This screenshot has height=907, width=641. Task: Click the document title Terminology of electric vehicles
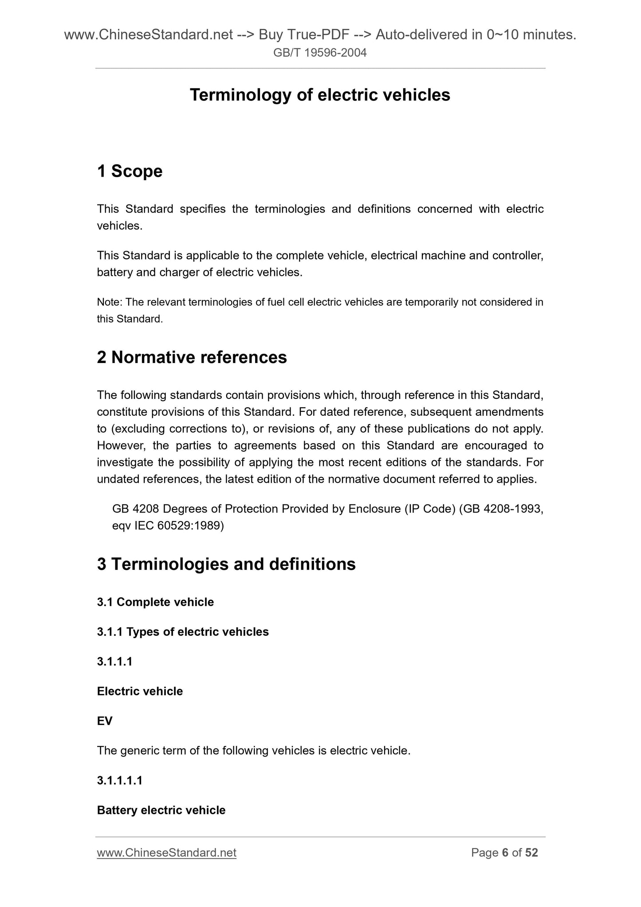320,95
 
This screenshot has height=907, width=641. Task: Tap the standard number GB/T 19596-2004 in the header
320,53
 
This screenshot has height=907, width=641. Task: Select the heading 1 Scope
130,171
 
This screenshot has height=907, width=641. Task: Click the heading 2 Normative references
192,357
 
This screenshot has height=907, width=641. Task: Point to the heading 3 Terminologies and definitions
226,564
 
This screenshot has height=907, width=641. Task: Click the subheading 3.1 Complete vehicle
155,602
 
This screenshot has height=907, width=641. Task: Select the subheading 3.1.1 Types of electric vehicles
183,632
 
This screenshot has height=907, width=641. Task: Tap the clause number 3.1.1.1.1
120,781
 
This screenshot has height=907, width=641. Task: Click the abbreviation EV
105,721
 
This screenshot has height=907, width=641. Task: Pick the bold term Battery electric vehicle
161,810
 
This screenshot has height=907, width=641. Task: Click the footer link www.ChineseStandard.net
166,853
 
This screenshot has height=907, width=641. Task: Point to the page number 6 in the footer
505,853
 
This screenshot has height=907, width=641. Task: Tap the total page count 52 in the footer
531,853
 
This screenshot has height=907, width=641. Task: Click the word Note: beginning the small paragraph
110,302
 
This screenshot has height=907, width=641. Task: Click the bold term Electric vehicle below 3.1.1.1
140,691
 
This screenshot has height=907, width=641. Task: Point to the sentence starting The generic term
253,751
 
